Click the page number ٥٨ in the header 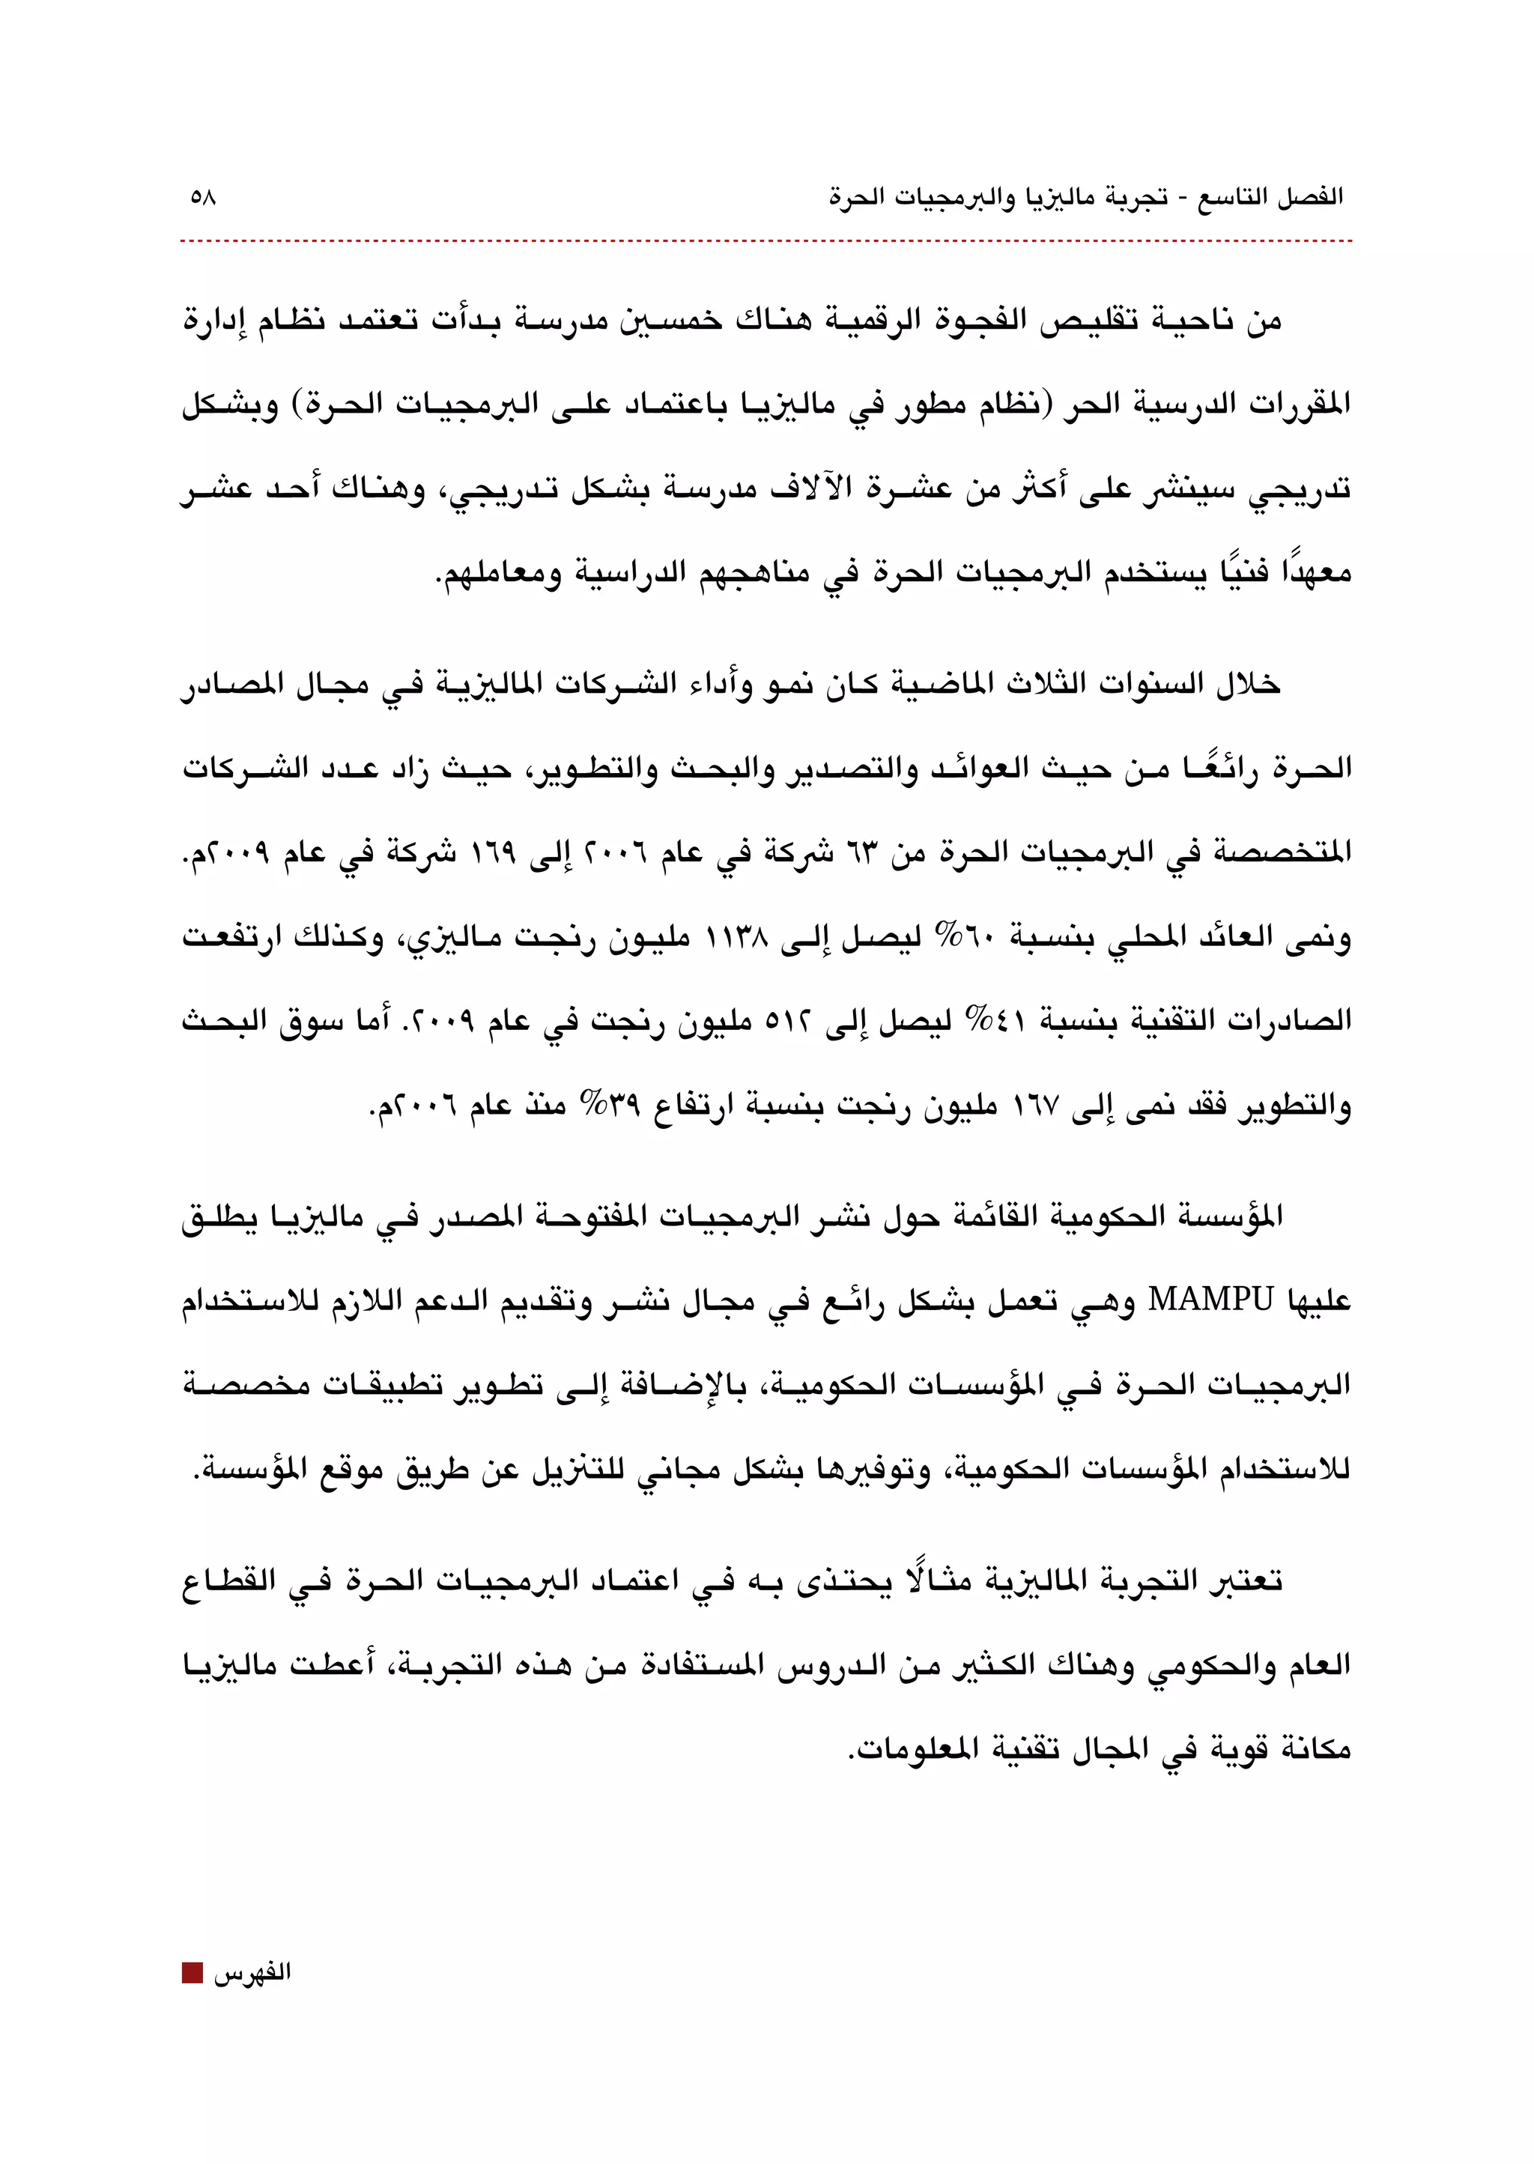(x=203, y=198)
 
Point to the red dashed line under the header (x=765, y=242)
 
